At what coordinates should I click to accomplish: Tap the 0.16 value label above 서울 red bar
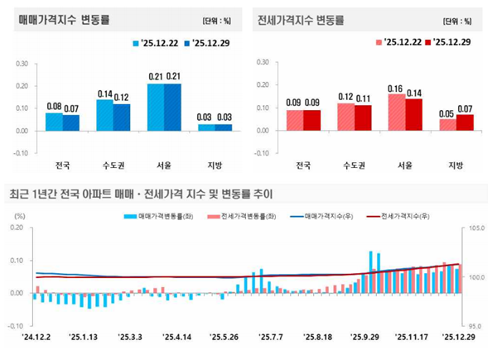tap(397, 88)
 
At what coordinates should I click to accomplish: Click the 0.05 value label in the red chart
tap(447, 113)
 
